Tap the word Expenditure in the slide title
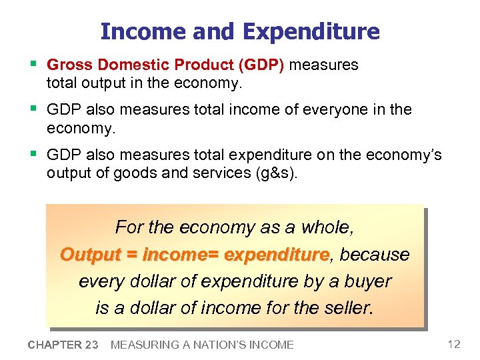[x=311, y=31]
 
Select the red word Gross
[x=70, y=65]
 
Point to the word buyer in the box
[x=368, y=281]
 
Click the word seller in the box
[x=349, y=308]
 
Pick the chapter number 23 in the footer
[x=92, y=345]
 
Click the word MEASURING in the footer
[x=141, y=345]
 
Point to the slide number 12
[x=454, y=344]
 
